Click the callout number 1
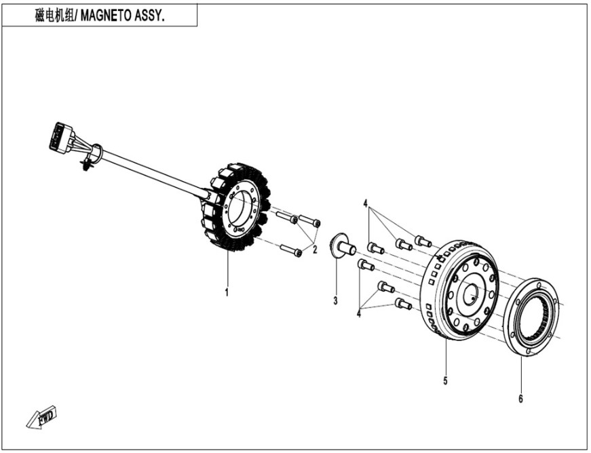(x=227, y=293)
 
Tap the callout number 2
(x=315, y=250)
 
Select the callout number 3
(x=335, y=300)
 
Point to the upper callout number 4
(x=365, y=203)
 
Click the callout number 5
(x=445, y=381)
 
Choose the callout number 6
(x=521, y=399)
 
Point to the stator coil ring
(x=237, y=207)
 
